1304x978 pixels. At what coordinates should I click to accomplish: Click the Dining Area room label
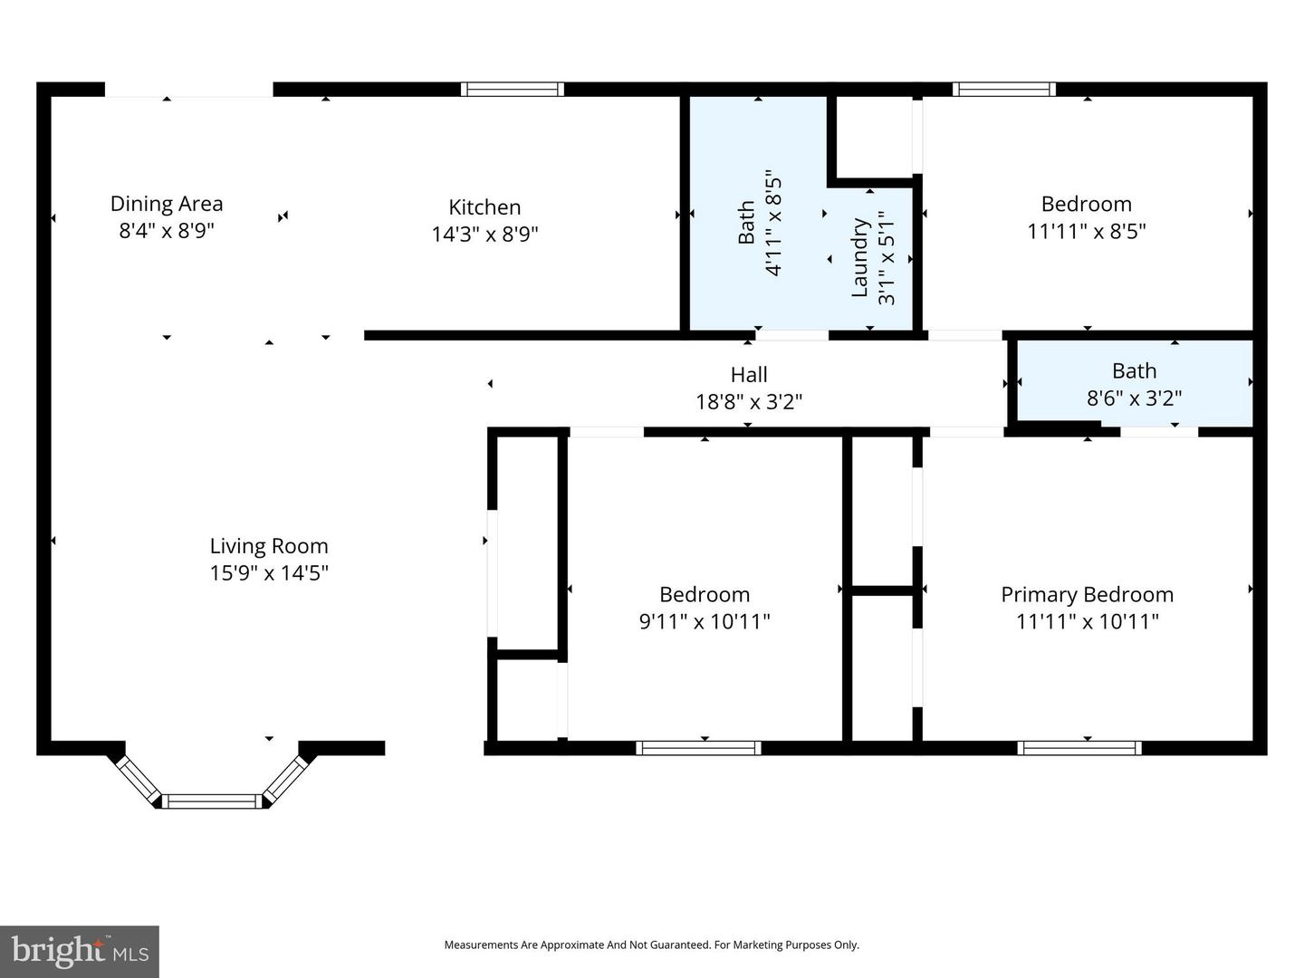click(167, 204)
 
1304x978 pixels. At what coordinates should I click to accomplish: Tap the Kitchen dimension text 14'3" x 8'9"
click(484, 235)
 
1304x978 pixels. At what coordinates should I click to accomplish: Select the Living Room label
click(269, 546)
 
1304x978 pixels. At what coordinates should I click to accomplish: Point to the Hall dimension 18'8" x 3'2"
click(749, 401)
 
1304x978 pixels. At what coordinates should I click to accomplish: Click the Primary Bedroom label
click(1087, 595)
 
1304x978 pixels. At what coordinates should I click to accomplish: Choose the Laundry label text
click(860, 257)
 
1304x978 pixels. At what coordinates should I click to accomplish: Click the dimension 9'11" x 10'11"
click(705, 621)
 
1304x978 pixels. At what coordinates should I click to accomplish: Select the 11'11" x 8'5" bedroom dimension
click(1086, 231)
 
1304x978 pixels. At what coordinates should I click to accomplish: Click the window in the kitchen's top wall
click(513, 89)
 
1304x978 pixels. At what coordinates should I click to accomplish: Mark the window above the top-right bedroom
click(1003, 89)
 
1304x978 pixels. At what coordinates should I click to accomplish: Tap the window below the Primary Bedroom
click(1079, 748)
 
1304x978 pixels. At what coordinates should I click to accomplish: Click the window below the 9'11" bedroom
click(698, 748)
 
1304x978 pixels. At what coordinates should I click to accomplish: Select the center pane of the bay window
click(213, 801)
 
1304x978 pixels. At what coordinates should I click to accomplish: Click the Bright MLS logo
click(80, 952)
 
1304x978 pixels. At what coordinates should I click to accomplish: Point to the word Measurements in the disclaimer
click(481, 944)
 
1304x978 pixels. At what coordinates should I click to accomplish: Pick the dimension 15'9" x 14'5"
click(269, 573)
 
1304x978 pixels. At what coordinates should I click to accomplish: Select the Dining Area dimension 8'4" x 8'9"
click(167, 231)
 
